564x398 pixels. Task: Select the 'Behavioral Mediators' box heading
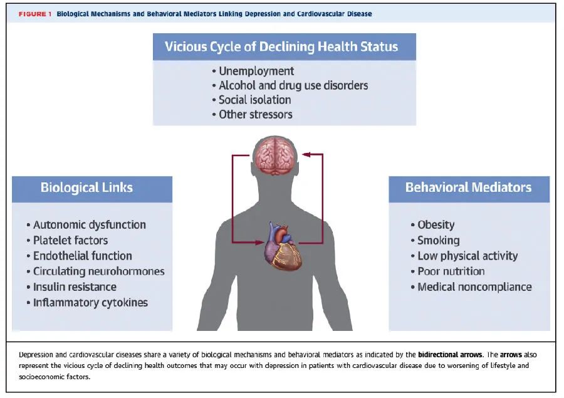[468, 187]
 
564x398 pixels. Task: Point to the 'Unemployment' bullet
[256, 71]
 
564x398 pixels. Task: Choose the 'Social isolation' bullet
[254, 100]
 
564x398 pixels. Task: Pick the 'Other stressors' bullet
[255, 114]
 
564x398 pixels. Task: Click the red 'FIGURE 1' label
[35, 14]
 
